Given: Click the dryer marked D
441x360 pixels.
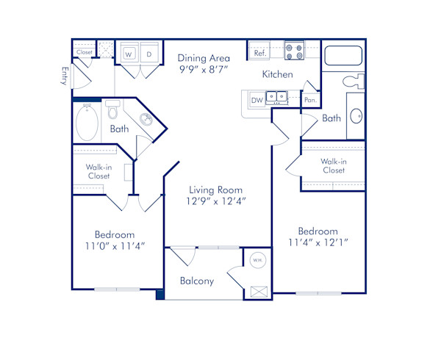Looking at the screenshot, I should (x=148, y=54).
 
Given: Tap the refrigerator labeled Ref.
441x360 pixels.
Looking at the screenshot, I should (x=259, y=54).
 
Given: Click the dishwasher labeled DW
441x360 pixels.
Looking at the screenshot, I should (x=257, y=100).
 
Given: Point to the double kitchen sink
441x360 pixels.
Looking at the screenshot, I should (x=277, y=96).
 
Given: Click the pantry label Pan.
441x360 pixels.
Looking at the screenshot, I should (x=310, y=99).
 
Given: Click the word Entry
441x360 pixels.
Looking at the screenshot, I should (x=65, y=76).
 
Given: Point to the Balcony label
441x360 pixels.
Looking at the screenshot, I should (x=197, y=281).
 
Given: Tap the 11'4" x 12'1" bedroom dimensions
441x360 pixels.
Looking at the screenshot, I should (x=318, y=242).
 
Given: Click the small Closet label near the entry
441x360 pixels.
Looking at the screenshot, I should (x=84, y=53).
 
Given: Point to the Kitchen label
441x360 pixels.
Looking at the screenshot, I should (x=279, y=74).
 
